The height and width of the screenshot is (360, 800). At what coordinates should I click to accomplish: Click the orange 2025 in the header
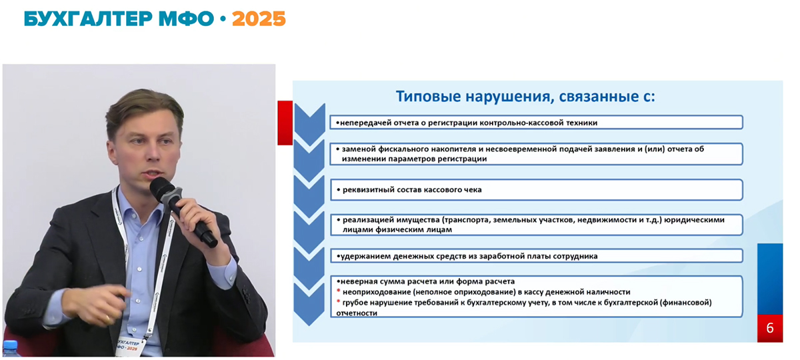pyautogui.click(x=259, y=19)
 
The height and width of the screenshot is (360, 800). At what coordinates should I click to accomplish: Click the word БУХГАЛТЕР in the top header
pyautogui.click(x=88, y=19)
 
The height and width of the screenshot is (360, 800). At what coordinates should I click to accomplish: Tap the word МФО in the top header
pyautogui.click(x=186, y=19)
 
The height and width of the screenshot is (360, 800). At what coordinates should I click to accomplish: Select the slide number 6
pyautogui.click(x=770, y=328)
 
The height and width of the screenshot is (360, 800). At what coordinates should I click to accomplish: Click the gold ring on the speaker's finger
pyautogui.click(x=107, y=318)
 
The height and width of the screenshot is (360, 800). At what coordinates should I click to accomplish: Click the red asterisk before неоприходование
pyautogui.click(x=338, y=291)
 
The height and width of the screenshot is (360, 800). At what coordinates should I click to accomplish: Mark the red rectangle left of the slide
pyautogui.click(x=285, y=123)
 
